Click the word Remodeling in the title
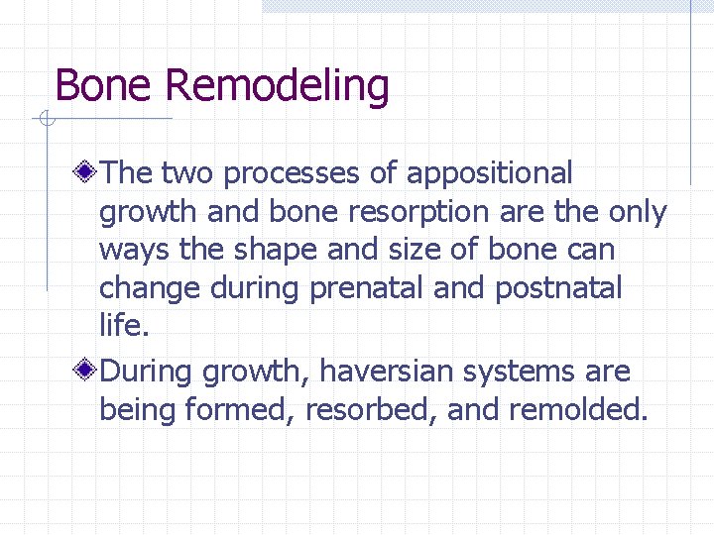[277, 86]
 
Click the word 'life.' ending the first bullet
[118, 328]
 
